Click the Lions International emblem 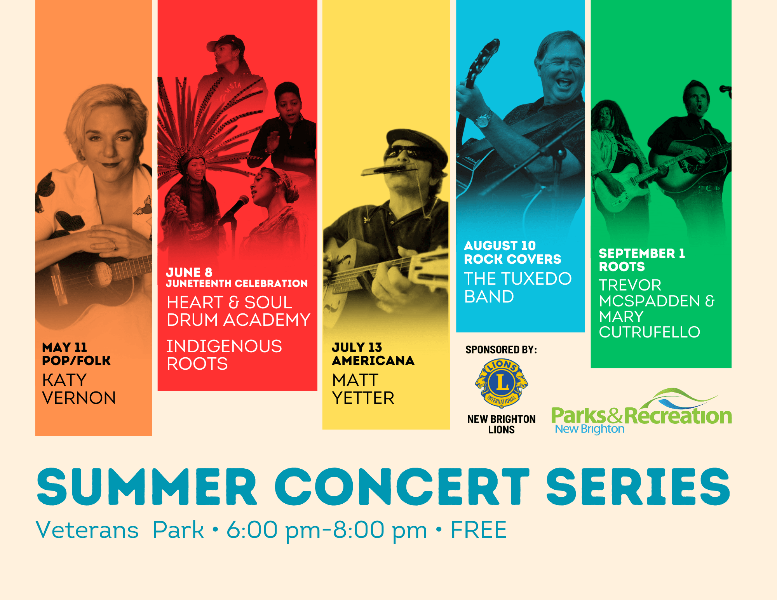tap(502, 383)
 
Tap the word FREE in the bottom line tap(478, 530)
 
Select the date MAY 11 tap(64, 347)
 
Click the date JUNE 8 tap(189, 272)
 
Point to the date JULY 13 tap(357, 347)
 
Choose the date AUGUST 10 tap(500, 245)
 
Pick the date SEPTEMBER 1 tap(642, 253)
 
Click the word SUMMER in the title tap(147, 487)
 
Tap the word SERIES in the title tap(638, 487)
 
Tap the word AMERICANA tap(373, 361)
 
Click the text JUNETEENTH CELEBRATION tap(237, 283)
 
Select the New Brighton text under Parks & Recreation tap(589, 429)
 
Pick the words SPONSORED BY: tap(501, 350)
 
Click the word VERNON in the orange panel tap(79, 398)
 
